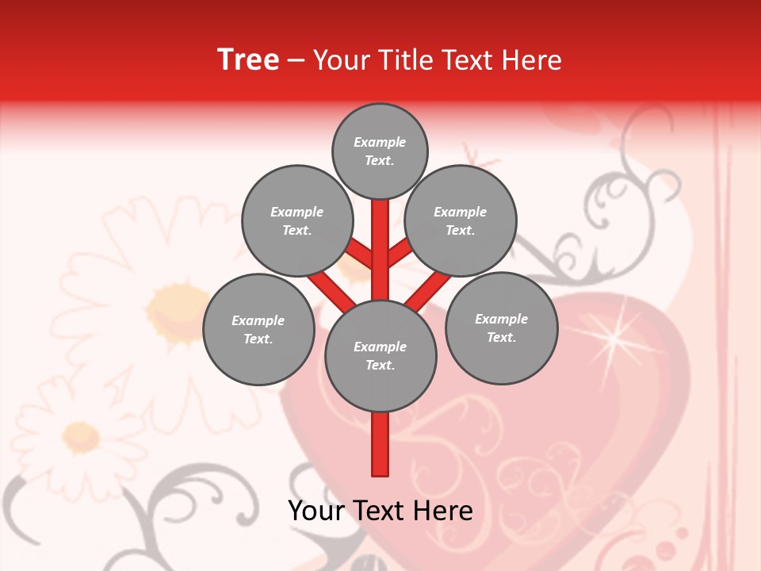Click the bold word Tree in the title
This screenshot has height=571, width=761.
pyautogui.click(x=248, y=59)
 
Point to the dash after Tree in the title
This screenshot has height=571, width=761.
pyautogui.click(x=296, y=61)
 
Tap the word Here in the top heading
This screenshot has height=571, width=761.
pyautogui.click(x=531, y=60)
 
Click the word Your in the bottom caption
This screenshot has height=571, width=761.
pyautogui.click(x=317, y=510)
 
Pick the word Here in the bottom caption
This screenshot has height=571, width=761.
pyautogui.click(x=442, y=510)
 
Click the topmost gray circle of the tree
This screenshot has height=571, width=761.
pyautogui.click(x=380, y=151)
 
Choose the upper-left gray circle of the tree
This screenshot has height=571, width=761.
pyautogui.click(x=296, y=220)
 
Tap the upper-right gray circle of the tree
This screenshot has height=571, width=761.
pyautogui.click(x=461, y=220)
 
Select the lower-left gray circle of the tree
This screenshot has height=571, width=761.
pyautogui.click(x=258, y=329)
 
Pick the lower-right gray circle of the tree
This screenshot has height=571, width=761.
pyautogui.click(x=501, y=328)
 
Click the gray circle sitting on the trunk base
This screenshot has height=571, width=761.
pyautogui.click(x=380, y=356)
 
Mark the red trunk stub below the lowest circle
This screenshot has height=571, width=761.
pyautogui.click(x=380, y=444)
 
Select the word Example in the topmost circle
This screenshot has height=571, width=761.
pyautogui.click(x=380, y=142)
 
